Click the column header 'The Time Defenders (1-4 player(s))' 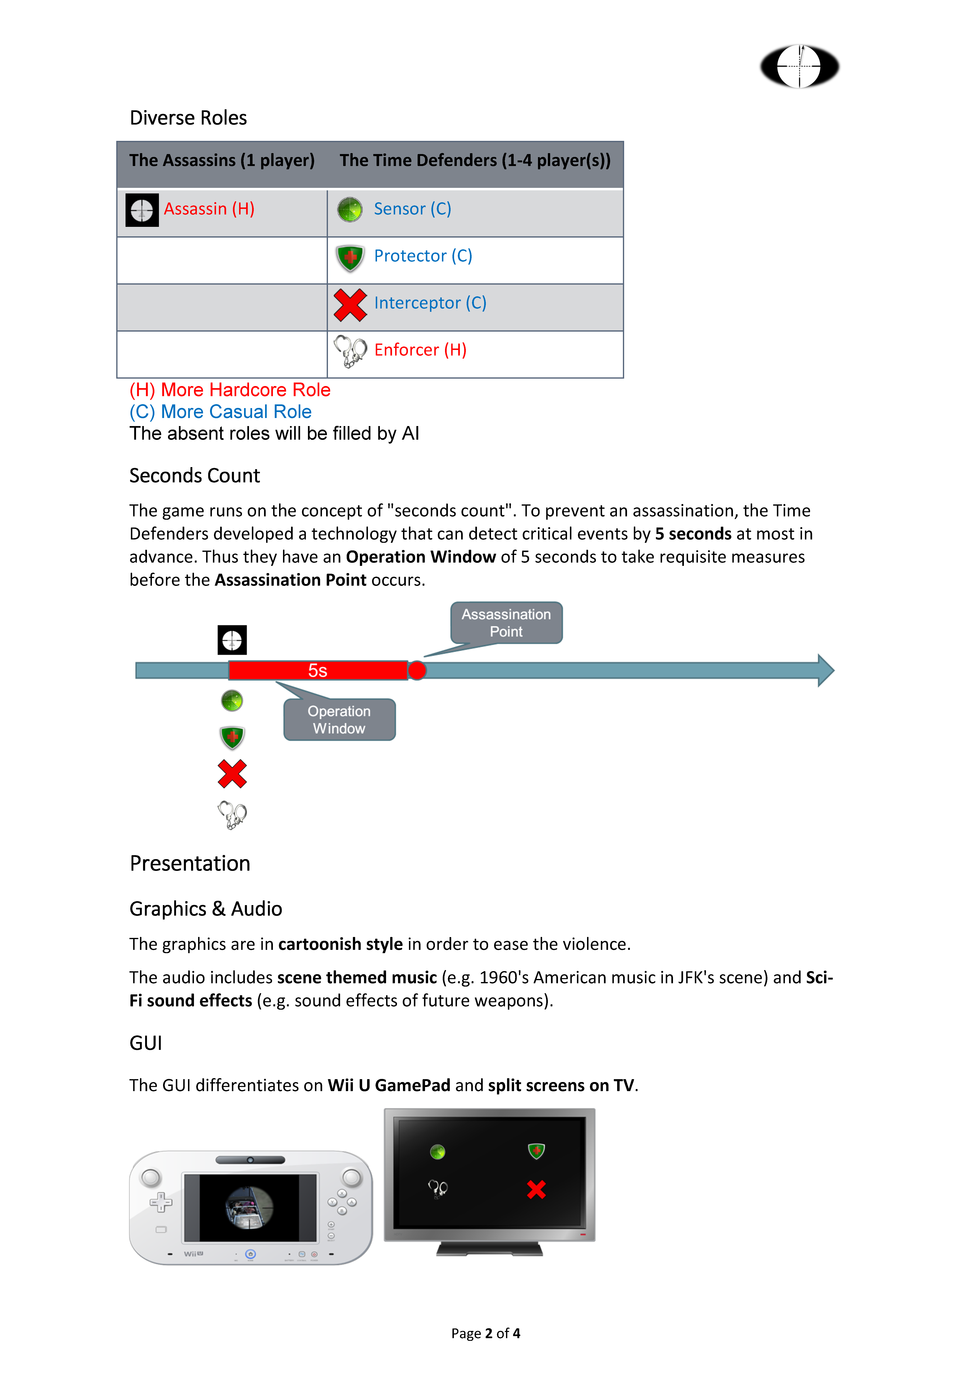click(x=475, y=160)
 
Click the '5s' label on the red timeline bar click(x=317, y=671)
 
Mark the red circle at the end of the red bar click(x=417, y=671)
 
